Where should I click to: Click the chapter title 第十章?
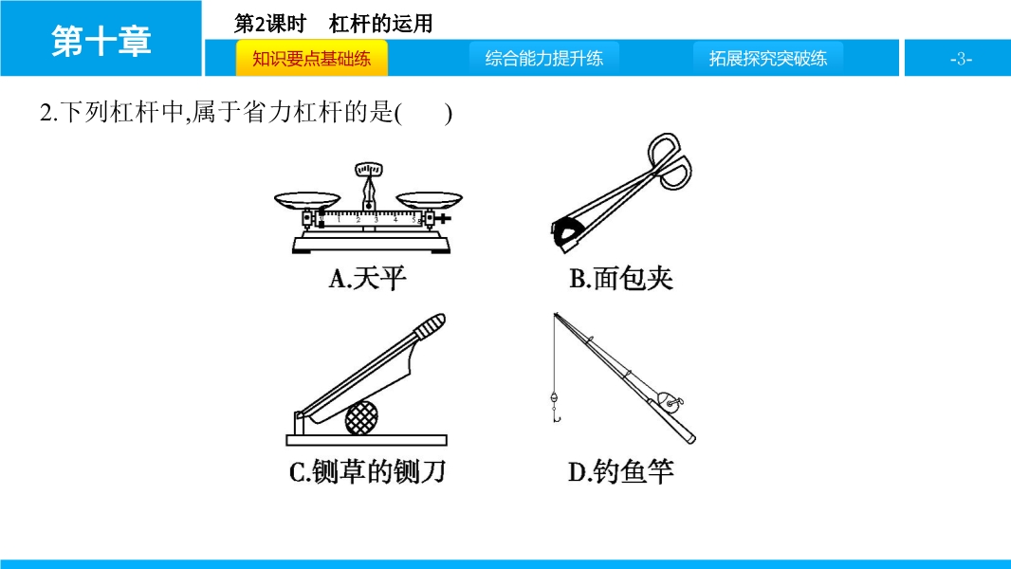(101, 41)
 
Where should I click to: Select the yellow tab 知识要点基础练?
(311, 59)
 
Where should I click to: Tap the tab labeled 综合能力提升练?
(544, 59)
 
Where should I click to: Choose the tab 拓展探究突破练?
(768, 59)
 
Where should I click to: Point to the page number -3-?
(961, 60)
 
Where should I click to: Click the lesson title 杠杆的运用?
(381, 24)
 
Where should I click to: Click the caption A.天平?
(368, 279)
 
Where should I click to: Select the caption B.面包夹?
(621, 279)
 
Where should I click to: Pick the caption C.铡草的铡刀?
(368, 471)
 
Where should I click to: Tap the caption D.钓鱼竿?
(621, 471)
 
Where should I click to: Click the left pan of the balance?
(307, 200)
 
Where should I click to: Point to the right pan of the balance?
(429, 200)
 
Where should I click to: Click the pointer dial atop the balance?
(368, 170)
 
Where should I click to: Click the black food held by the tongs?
(565, 233)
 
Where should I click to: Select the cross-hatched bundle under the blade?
(361, 417)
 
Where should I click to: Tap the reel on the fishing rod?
(670, 403)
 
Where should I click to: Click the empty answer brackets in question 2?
(423, 114)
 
